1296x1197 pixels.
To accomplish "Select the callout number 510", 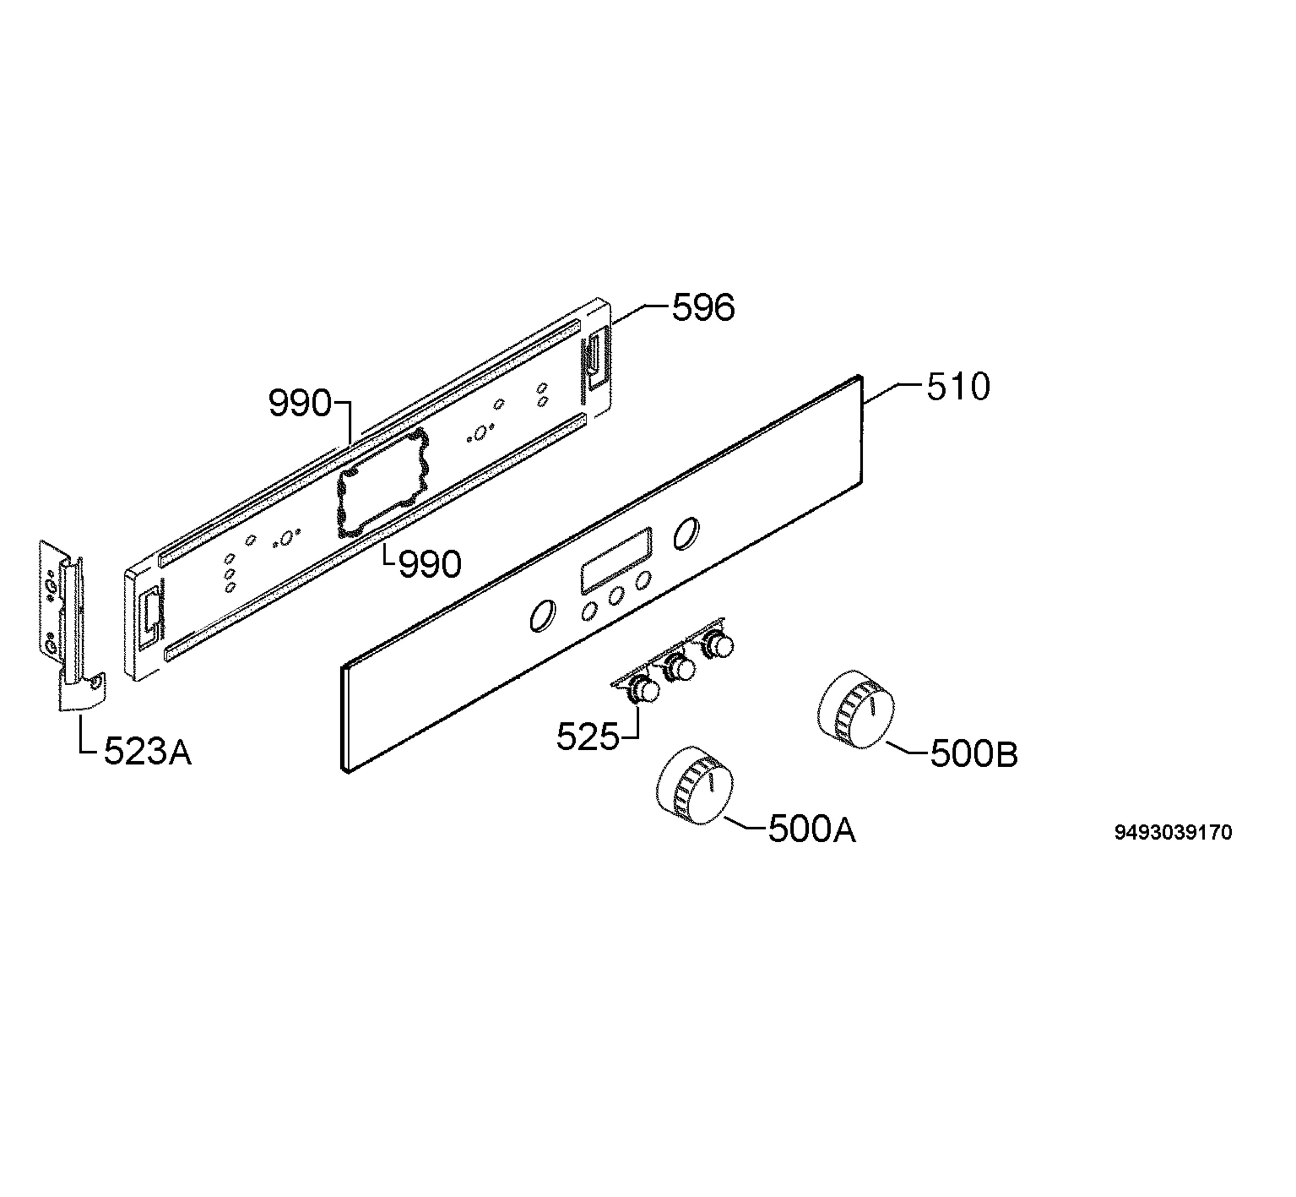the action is point(958,387).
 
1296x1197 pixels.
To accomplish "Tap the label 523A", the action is point(147,752).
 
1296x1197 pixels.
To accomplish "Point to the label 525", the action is point(588,736).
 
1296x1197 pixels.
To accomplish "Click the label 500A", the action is point(812,829).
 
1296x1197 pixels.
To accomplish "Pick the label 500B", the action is point(974,754).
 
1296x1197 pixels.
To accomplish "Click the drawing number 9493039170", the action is point(1173,833).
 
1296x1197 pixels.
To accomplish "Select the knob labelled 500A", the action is point(694,786).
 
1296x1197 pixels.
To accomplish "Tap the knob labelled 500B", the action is point(855,711).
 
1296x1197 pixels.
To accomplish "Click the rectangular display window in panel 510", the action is point(616,560).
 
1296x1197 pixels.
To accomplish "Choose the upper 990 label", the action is point(300,403).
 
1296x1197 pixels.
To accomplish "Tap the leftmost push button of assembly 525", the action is point(644,690).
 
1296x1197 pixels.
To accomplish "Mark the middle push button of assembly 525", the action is point(680,668).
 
